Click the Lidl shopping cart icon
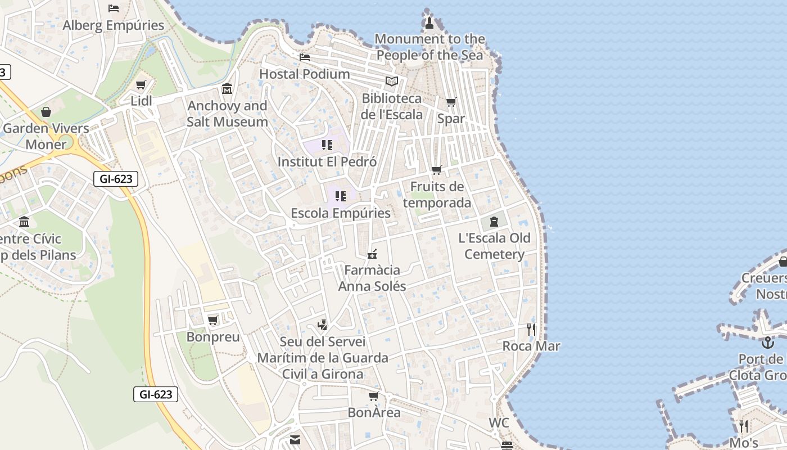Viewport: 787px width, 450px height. [x=141, y=85]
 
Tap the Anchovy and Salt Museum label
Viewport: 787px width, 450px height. [x=227, y=114]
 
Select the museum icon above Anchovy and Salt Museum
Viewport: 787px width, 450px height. [x=227, y=89]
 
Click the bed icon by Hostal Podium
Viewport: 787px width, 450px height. [x=305, y=57]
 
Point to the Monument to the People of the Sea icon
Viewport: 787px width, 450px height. [x=429, y=22]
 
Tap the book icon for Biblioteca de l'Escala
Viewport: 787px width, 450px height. [x=392, y=82]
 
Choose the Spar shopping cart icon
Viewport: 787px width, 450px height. [x=451, y=102]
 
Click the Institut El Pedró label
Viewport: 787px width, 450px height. [x=327, y=162]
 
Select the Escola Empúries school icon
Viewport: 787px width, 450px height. [x=341, y=196]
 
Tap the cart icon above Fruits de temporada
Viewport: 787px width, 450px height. [x=436, y=170]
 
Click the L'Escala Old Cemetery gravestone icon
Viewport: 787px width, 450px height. [x=494, y=222]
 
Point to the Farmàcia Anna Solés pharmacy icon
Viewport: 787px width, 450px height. [x=372, y=254]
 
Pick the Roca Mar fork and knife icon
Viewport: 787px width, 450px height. [x=531, y=330]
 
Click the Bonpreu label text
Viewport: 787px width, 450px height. [x=213, y=337]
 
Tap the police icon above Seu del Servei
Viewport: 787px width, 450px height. [x=322, y=325]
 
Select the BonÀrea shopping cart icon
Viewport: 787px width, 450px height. [x=374, y=397]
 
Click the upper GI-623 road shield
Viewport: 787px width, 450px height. [x=115, y=179]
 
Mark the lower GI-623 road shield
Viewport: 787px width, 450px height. [x=156, y=394]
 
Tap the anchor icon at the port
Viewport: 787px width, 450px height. [x=767, y=343]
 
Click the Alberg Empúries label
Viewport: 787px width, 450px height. [x=114, y=25]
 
